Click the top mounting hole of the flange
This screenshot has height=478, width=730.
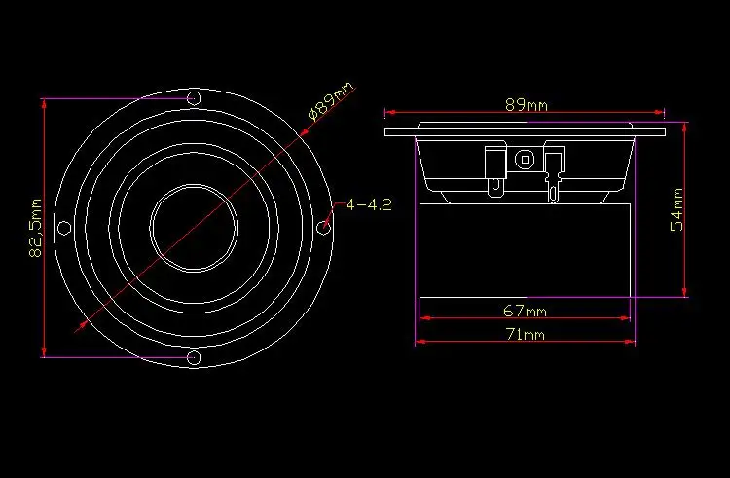tap(194, 98)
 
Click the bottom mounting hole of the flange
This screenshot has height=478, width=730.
tap(194, 357)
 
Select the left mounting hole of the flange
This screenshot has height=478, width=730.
tap(64, 228)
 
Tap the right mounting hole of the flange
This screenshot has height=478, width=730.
tap(323, 228)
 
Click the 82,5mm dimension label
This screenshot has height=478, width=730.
tap(36, 228)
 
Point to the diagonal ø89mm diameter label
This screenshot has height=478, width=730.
tap(331, 101)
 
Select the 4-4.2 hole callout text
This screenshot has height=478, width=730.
tap(369, 204)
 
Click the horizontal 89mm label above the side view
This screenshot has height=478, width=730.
tap(526, 105)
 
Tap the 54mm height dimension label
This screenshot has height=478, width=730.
tap(676, 209)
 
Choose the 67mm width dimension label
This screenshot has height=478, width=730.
tap(526, 310)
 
